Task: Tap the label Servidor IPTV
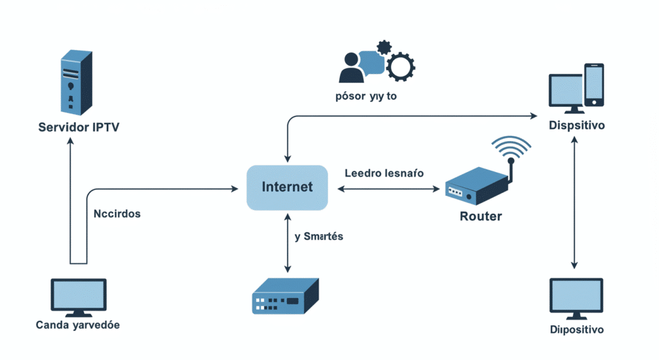click(x=79, y=127)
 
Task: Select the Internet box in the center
click(x=287, y=187)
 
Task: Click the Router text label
click(x=481, y=216)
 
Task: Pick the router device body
click(x=477, y=186)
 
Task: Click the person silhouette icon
click(x=351, y=66)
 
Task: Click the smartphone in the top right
click(x=593, y=84)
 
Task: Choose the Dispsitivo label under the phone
click(x=577, y=126)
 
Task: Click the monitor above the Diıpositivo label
click(x=575, y=298)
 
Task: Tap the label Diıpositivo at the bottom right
click(x=577, y=330)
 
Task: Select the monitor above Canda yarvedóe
click(x=79, y=296)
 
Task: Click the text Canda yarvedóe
click(x=78, y=325)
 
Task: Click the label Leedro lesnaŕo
click(x=384, y=173)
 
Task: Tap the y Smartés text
click(x=319, y=236)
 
